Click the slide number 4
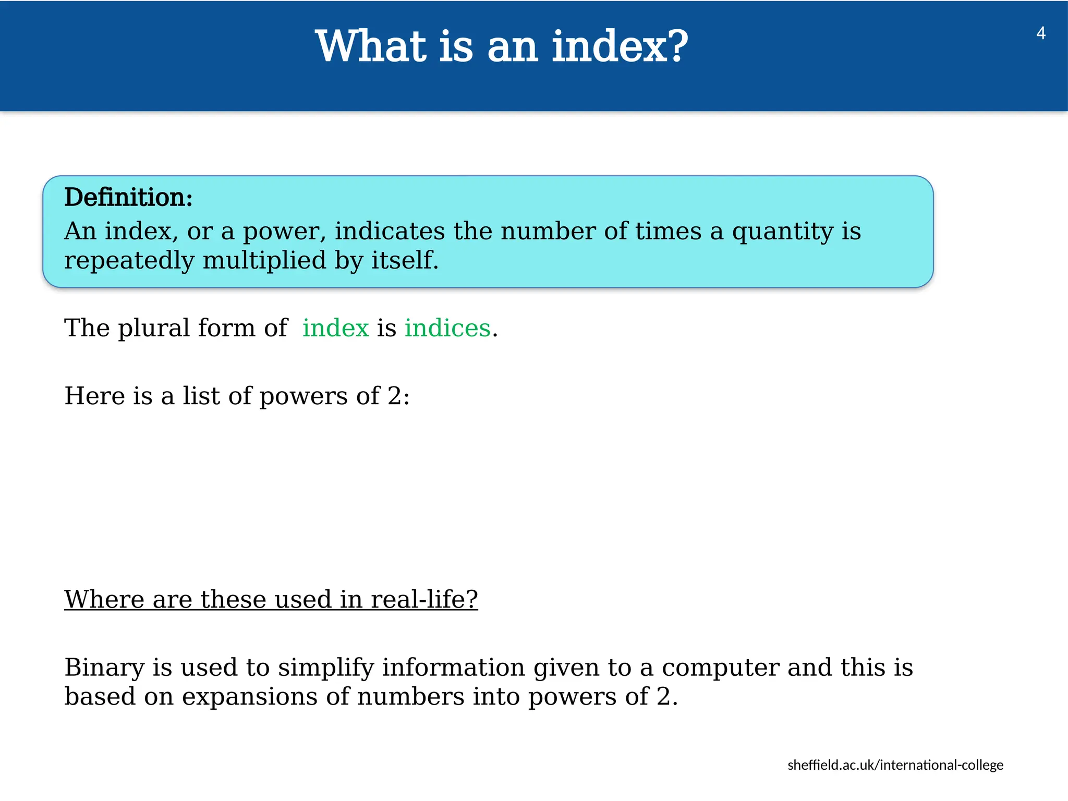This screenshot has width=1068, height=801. point(1040,33)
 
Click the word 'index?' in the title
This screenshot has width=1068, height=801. point(620,47)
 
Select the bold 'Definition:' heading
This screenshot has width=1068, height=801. point(128,198)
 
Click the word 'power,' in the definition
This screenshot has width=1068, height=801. point(285,232)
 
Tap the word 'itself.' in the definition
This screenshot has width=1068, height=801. point(405,260)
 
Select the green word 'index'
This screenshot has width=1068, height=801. point(335,328)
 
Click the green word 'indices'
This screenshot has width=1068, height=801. point(447,328)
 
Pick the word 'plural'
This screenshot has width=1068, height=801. point(154,329)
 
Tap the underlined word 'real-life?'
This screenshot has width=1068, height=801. point(424,599)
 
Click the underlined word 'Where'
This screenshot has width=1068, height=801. point(104,599)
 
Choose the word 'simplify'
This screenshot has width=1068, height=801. point(325,668)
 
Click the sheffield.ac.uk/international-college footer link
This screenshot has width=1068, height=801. point(895,765)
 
